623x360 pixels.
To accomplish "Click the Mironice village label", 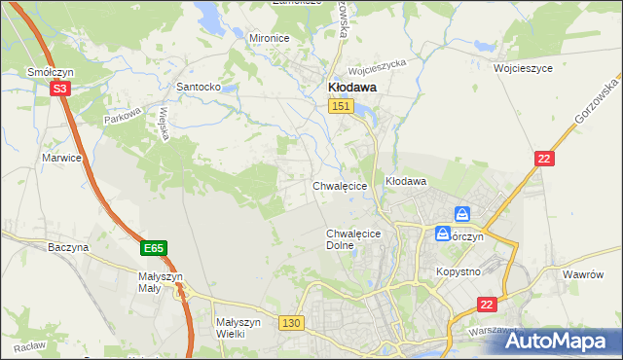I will tap(270, 38).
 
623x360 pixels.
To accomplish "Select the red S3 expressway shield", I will tap(59, 89).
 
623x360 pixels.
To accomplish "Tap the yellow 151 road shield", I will tap(340, 106).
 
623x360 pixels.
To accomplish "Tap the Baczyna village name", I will tap(68, 247).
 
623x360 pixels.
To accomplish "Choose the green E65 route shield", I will tap(153, 248).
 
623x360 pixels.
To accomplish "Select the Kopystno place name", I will tap(458, 271).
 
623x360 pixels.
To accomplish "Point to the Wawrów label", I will tap(584, 274).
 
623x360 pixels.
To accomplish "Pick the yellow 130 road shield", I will tap(290, 322).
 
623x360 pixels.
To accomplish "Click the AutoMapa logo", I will tap(558, 341).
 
